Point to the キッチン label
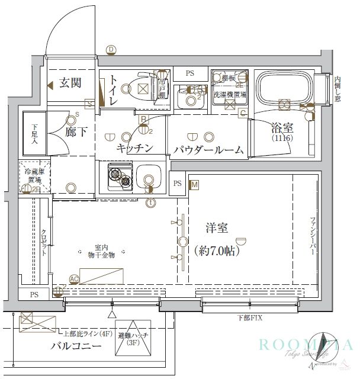tap(135, 148)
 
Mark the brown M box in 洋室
tap(195, 185)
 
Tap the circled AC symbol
tap(74, 278)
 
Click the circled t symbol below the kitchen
tap(151, 203)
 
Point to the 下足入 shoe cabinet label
tap(34, 134)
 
